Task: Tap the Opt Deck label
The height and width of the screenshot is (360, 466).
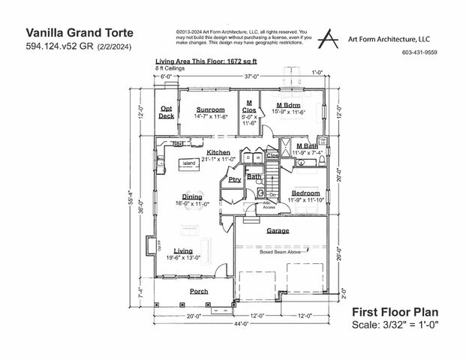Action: coord(167,112)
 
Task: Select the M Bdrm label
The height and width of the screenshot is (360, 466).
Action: coord(289,105)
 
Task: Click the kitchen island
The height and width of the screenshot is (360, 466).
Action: coord(188,163)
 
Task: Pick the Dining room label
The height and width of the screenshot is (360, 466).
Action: coord(191,196)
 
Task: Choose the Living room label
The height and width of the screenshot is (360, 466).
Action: coord(183,250)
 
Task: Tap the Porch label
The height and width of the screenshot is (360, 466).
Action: coord(198,291)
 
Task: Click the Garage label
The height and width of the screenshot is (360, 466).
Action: coord(278,231)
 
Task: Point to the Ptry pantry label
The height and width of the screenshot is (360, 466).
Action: coord(234,180)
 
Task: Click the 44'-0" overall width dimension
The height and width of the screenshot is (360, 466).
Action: coord(239,325)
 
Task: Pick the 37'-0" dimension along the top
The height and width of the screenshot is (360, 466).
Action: coord(241,76)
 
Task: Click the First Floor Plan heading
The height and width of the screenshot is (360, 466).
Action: coord(394,311)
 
